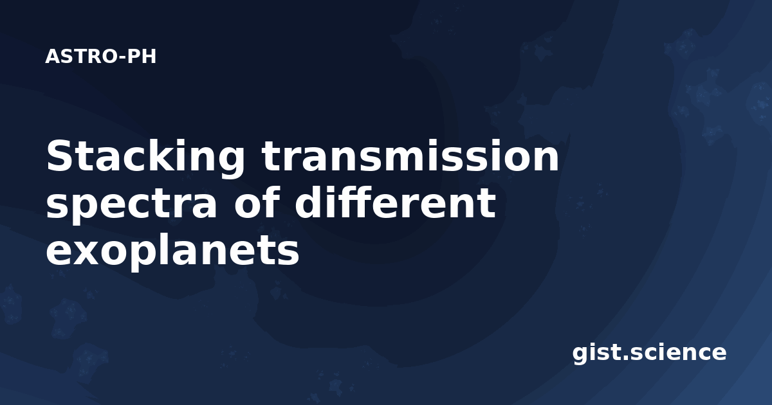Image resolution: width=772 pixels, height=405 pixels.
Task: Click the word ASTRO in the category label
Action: point(82,57)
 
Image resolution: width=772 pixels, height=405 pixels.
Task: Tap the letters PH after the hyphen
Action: point(142,57)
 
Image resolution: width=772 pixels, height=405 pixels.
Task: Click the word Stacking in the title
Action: point(145,157)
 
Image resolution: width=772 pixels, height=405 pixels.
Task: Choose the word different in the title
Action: point(395,203)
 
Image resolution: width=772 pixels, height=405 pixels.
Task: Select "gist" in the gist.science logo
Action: point(596,353)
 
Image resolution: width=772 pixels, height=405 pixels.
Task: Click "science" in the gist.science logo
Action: point(678,352)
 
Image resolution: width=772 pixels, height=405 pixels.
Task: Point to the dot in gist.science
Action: point(625,359)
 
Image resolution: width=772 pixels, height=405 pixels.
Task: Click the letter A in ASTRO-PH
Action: point(53,57)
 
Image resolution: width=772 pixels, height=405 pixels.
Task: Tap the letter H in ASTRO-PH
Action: point(149,57)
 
